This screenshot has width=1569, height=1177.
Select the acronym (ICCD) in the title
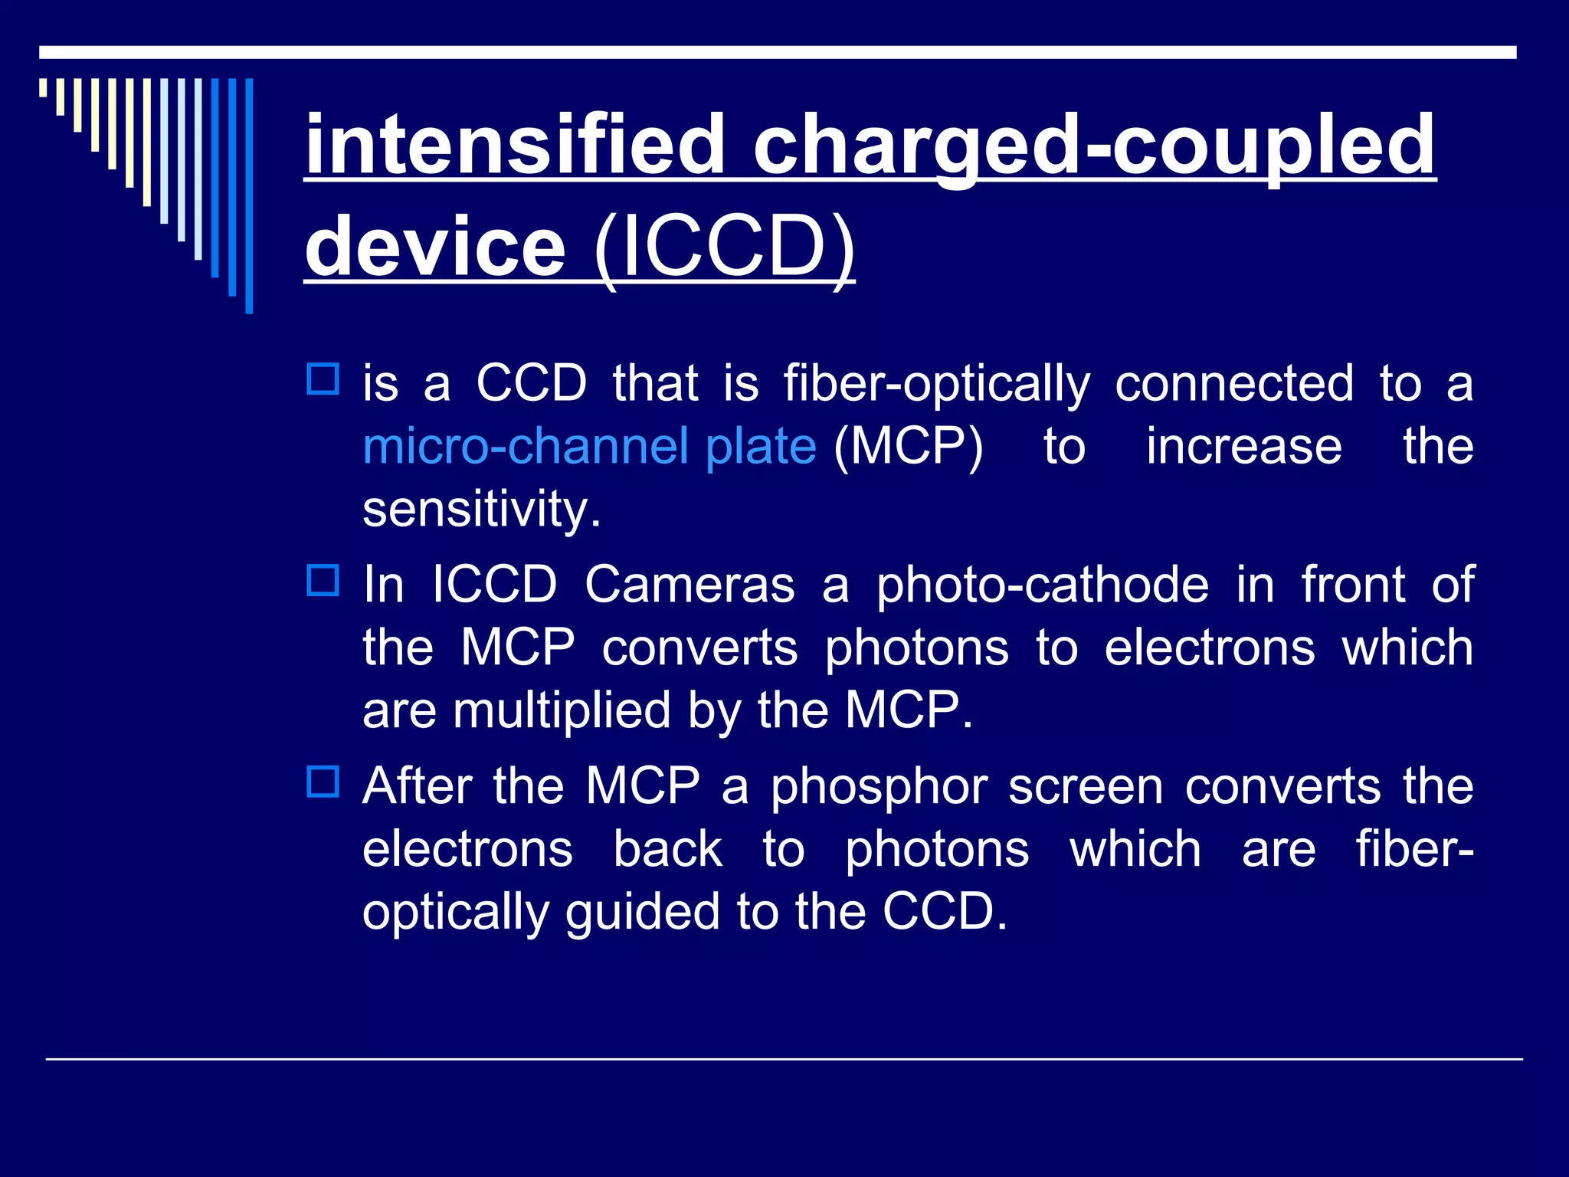click(x=723, y=247)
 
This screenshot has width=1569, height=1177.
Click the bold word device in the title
click(x=435, y=247)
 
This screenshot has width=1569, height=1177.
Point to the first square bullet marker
click(x=323, y=379)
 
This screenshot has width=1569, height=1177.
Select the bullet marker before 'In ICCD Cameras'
click(x=323, y=581)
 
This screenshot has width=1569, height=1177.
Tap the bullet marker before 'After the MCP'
click(x=323, y=782)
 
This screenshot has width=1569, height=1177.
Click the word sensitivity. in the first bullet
click(x=481, y=509)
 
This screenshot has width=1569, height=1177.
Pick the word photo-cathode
click(x=1042, y=585)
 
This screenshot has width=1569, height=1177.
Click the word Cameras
click(x=690, y=585)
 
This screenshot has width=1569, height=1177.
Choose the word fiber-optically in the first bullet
click(x=936, y=383)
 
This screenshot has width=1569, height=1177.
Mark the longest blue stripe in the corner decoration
click(x=249, y=195)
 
